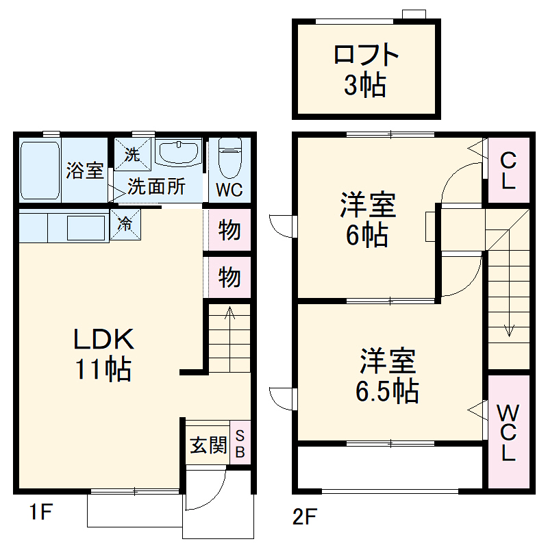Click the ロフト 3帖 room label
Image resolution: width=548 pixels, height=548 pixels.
coord(366,70)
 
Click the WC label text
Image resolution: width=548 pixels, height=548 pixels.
coord(229,190)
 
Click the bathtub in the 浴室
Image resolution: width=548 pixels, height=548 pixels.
coord(40,171)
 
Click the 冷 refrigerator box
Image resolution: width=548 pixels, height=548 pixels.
coord(126,224)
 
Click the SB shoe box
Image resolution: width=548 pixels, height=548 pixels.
coord(240,443)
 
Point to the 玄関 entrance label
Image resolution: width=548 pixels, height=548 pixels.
coord(208,445)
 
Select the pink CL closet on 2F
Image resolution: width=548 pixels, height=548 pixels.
coord(508,170)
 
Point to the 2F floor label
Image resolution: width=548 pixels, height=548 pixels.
coord(306,515)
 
